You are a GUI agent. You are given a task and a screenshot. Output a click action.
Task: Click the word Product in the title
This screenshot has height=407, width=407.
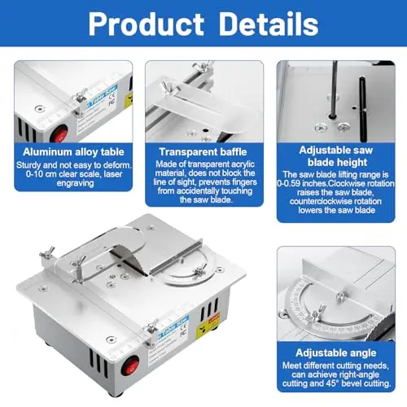pyautogui.click(x=147, y=24)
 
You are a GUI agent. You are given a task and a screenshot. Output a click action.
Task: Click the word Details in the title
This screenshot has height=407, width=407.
pyautogui.click(x=269, y=24)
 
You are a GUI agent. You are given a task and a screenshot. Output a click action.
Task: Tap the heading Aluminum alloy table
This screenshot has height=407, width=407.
pyautogui.click(x=73, y=152)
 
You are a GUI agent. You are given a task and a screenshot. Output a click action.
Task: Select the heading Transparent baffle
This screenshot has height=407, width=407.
pyautogui.click(x=203, y=152)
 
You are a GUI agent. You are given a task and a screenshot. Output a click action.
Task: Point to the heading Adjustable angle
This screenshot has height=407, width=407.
pyautogui.click(x=336, y=352)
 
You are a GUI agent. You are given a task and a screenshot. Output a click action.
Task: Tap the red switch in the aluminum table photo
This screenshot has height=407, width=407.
pyautogui.click(x=59, y=134)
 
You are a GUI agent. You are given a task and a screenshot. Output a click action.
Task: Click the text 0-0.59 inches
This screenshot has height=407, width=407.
pyautogui.click(x=302, y=183)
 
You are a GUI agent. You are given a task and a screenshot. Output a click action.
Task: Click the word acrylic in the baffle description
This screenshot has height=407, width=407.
pyautogui.click(x=242, y=164)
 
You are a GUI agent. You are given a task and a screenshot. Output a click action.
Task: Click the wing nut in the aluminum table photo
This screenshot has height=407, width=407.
pyautogui.click(x=79, y=96)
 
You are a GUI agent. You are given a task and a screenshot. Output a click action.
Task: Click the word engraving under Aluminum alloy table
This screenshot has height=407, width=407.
pyautogui.click(x=75, y=183)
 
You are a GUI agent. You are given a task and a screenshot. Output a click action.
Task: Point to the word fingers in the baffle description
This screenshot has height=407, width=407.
pyautogui.click(x=243, y=182)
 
